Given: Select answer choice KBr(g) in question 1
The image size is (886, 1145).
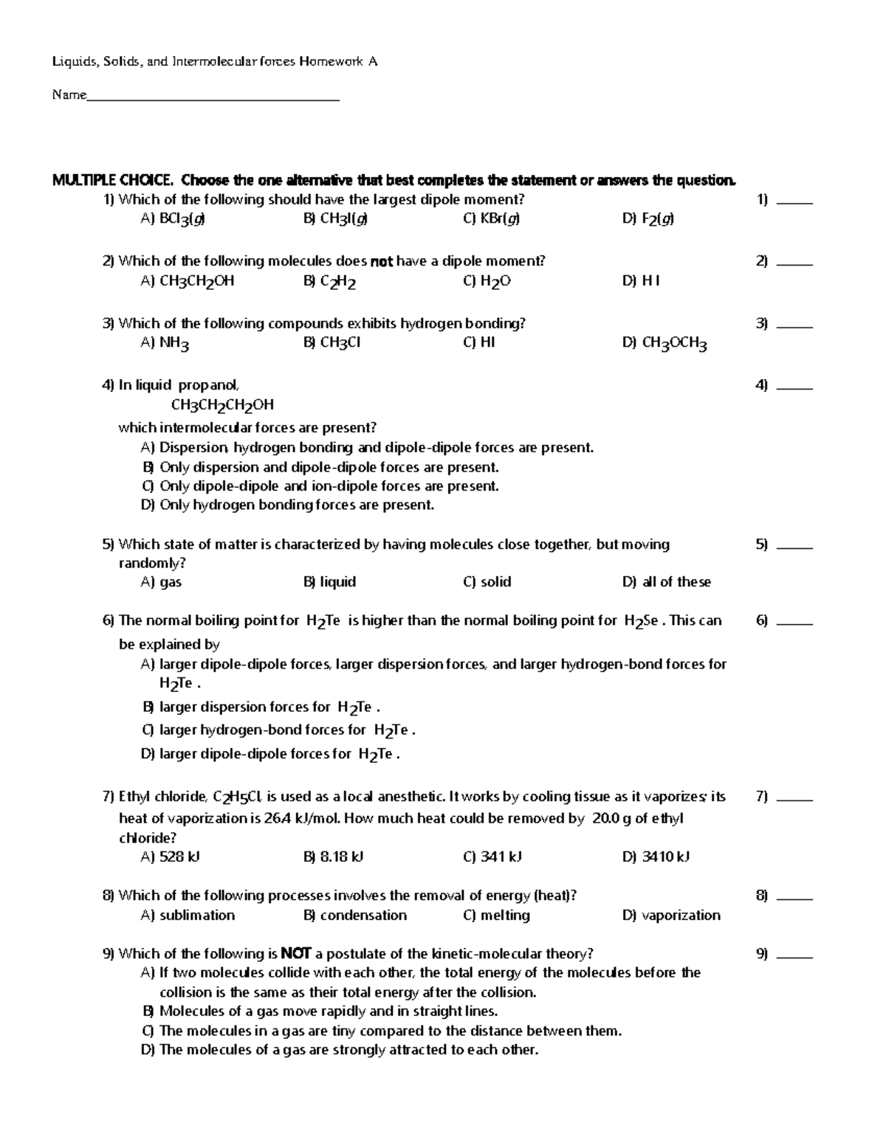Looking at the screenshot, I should click(491, 218).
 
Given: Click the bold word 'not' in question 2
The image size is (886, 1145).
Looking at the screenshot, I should click(382, 261).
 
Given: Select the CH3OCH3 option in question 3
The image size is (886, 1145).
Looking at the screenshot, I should click(664, 343).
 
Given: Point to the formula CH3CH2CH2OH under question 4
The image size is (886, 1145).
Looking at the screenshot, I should click(222, 405).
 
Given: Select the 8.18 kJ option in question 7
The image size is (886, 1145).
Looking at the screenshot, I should click(333, 857).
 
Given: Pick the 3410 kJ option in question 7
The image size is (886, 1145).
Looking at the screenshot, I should click(656, 857).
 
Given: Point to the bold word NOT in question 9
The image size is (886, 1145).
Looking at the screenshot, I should click(296, 953).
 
